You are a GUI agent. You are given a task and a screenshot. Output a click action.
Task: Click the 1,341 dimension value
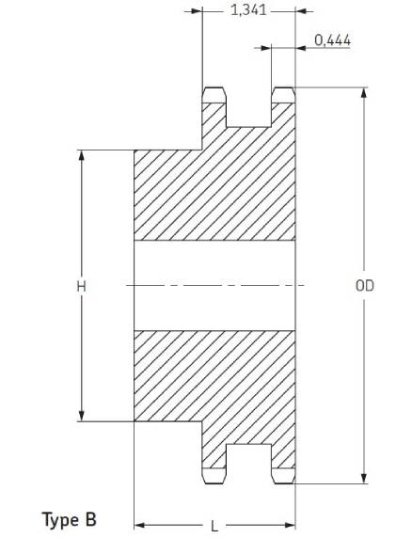248,10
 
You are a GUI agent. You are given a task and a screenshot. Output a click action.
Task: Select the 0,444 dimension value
332,40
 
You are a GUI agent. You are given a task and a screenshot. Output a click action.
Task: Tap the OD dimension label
365,286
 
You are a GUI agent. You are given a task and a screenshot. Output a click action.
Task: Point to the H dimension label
81,286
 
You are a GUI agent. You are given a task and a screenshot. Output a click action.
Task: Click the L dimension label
214,527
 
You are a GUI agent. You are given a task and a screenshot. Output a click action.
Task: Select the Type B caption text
70,519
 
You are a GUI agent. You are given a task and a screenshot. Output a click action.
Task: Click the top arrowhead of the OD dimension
364,92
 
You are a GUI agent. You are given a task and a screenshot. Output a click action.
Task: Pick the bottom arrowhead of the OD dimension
364,479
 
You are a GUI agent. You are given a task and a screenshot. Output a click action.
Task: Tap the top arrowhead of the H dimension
81,155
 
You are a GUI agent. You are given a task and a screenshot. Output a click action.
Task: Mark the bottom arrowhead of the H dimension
81,416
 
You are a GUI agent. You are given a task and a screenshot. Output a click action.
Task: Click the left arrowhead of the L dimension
139,525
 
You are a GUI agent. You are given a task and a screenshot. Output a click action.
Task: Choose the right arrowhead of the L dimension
291,525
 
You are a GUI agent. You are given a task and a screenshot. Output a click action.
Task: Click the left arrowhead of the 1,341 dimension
197,11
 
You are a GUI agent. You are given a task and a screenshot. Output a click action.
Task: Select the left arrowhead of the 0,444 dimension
266,48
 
